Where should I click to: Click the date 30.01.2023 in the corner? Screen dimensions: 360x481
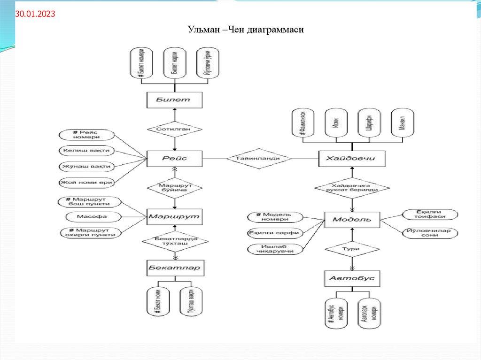tap(35, 15)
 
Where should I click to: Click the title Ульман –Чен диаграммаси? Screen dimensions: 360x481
tap(247, 31)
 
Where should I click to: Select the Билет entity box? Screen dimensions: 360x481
tap(174, 100)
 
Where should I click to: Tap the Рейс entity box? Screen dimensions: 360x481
tap(174, 158)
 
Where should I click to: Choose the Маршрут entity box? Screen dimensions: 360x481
tap(174, 216)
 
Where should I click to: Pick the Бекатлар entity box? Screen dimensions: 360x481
tap(174, 268)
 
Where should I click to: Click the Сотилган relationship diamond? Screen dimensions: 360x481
tap(174, 128)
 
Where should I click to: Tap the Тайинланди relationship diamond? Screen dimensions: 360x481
tap(258, 158)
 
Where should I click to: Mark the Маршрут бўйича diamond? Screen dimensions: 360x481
tap(174, 188)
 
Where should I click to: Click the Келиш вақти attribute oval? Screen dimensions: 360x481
tap(87, 151)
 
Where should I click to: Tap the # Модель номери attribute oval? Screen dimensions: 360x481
tap(275, 217)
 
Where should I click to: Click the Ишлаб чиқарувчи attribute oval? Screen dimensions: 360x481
tap(275, 249)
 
